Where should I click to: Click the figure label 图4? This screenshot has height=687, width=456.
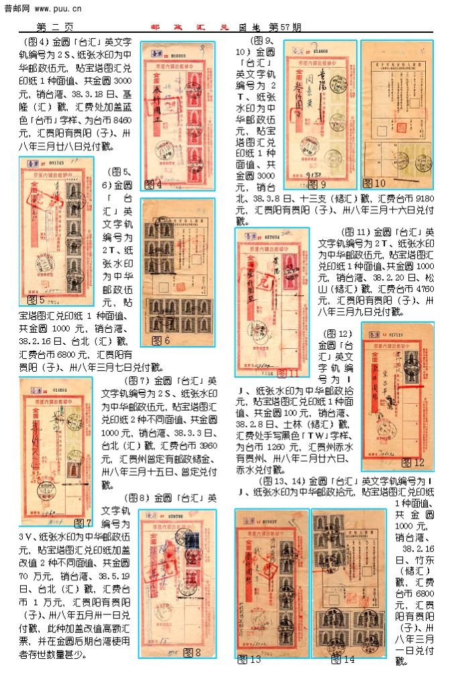154,184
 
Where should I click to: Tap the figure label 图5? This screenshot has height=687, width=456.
37,300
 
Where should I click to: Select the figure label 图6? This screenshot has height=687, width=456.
160,341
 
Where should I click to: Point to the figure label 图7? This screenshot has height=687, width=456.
82,523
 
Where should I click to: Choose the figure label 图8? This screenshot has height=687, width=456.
192,652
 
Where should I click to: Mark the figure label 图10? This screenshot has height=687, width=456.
374,183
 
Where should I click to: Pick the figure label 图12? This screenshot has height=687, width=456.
412,463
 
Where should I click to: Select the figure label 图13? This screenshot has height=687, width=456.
249,659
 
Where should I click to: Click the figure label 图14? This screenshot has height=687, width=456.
342,659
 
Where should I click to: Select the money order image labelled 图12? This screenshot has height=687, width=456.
397,396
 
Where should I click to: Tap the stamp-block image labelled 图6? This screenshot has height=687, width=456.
177,272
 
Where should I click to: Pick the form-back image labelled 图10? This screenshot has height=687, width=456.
396,114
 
